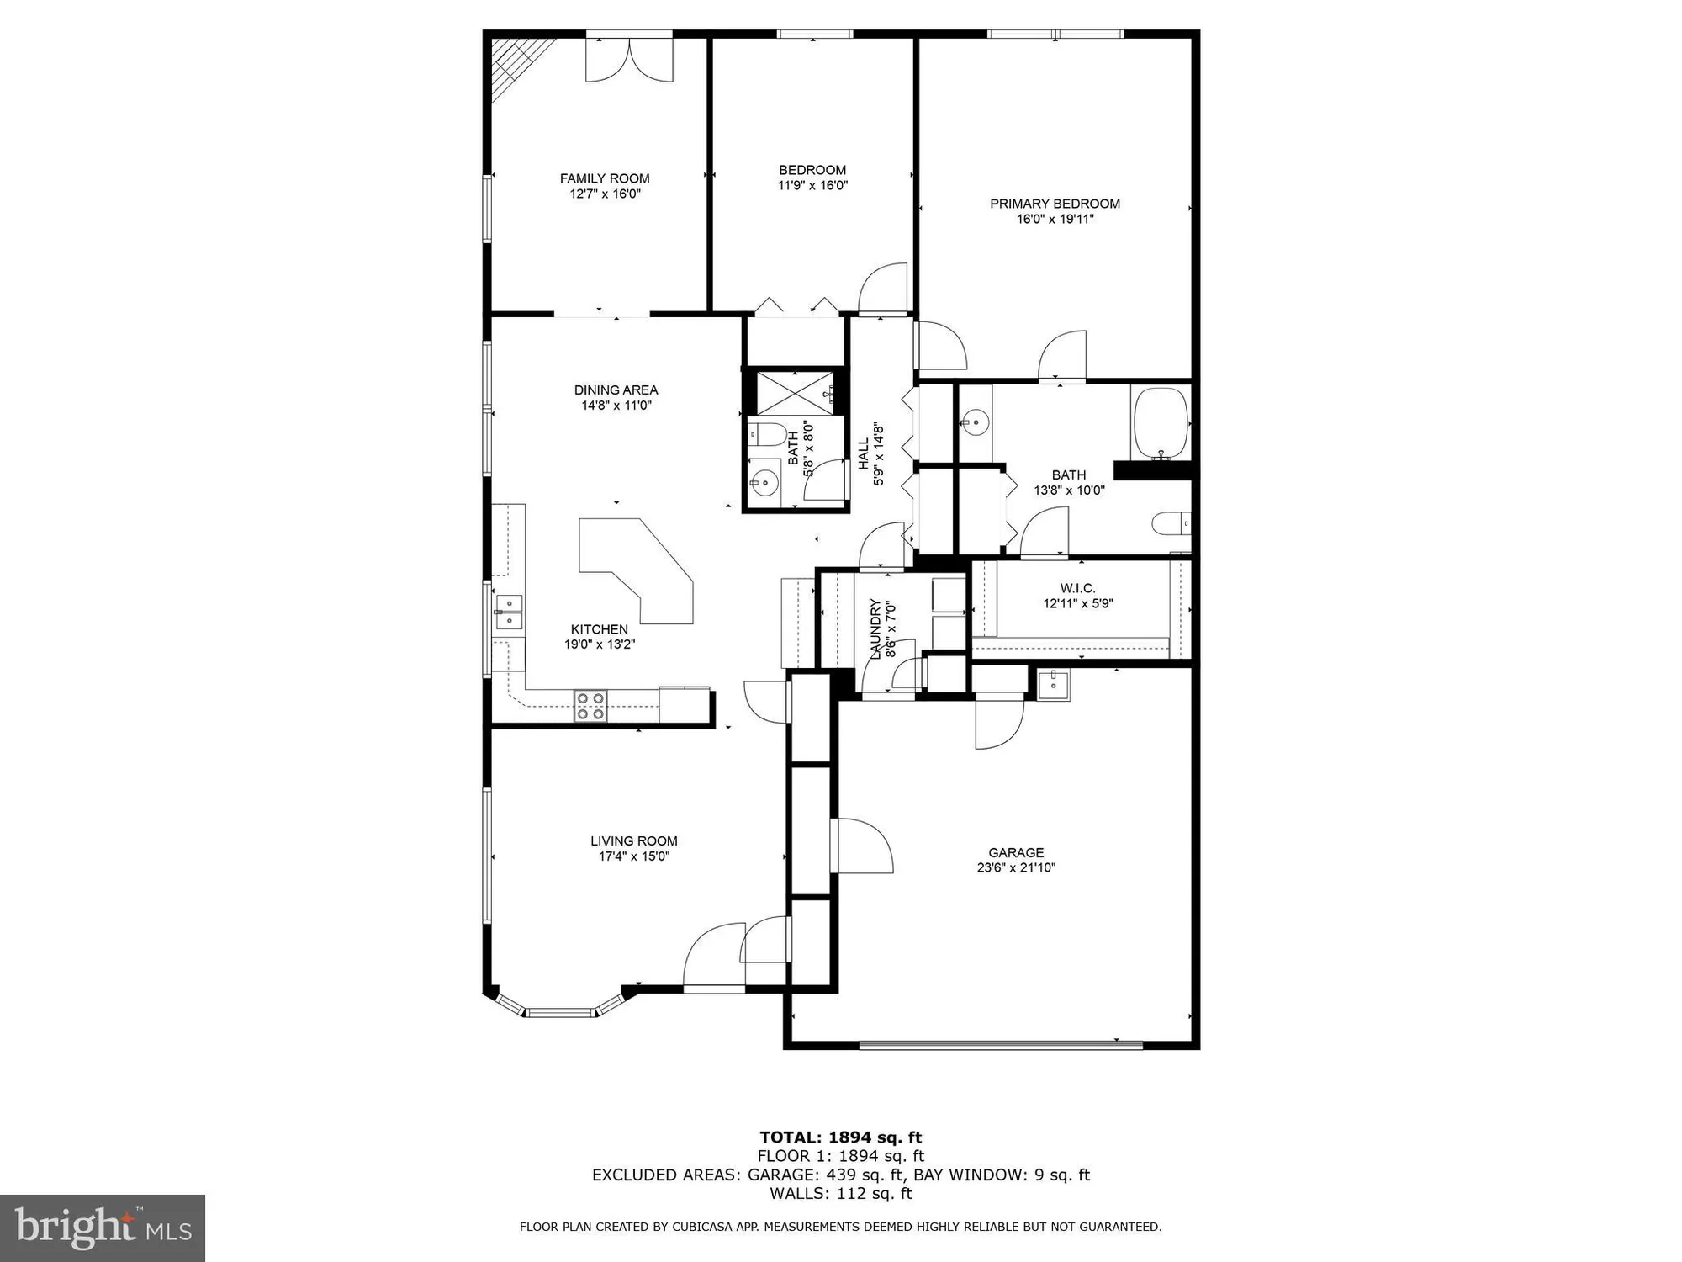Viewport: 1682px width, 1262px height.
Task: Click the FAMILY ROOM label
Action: (x=605, y=178)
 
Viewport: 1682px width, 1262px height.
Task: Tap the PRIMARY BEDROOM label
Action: (x=1055, y=204)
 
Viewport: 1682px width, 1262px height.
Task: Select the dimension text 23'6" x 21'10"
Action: (x=1016, y=867)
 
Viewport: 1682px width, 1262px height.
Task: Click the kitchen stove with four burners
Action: (x=590, y=706)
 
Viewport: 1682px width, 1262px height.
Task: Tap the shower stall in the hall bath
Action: (x=795, y=392)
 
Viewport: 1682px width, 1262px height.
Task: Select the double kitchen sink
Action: (x=509, y=612)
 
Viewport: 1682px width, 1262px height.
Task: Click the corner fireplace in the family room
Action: (x=516, y=66)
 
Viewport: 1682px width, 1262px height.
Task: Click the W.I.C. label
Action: (x=1078, y=588)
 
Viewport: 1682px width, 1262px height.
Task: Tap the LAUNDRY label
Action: (x=875, y=629)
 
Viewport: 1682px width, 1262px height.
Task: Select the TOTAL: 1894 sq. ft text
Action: (x=841, y=1137)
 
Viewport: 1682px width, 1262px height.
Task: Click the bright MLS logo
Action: (x=103, y=1228)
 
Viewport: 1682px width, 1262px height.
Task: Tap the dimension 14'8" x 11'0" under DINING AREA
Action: (x=616, y=406)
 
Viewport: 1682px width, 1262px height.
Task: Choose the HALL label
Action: (x=863, y=454)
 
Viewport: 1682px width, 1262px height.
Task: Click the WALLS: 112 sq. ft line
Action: (x=841, y=1193)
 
